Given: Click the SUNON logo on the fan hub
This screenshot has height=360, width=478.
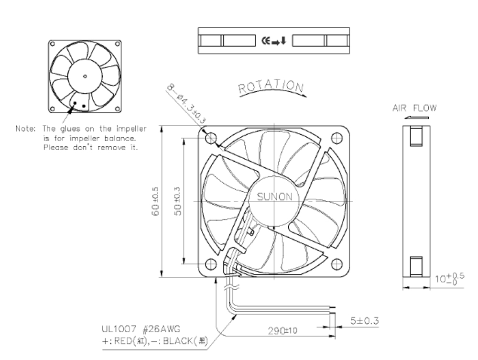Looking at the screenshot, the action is click(274, 196).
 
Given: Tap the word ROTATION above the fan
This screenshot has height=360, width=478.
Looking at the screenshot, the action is click(271, 86).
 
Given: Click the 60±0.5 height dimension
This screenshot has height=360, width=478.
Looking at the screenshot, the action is click(155, 201).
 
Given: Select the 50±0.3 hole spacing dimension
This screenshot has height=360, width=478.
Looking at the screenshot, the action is click(177, 201).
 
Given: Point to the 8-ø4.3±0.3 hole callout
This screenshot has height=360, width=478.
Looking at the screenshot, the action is click(186, 104).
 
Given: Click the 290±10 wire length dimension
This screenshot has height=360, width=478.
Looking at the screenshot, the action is click(282, 330).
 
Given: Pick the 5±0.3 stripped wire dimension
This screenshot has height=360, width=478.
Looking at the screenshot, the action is click(364, 321).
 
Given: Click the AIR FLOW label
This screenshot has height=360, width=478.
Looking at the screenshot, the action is click(414, 108).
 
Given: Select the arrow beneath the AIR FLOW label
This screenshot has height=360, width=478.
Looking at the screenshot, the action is click(416, 117).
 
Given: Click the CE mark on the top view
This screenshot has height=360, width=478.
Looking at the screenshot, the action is click(266, 41).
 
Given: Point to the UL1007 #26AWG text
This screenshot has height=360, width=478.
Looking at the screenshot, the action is click(141, 329).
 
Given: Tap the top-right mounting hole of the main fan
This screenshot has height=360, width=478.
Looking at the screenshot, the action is click(337, 138).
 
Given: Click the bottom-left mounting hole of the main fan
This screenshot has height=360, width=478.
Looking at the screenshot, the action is click(211, 264).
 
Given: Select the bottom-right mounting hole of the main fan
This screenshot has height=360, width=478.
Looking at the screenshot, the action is click(337, 264).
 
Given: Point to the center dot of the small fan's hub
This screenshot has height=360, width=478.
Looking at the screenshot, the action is click(85, 76).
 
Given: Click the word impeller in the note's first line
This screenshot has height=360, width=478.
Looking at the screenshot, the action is click(131, 129).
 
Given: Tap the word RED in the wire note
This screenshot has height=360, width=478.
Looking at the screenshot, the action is click(123, 341).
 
